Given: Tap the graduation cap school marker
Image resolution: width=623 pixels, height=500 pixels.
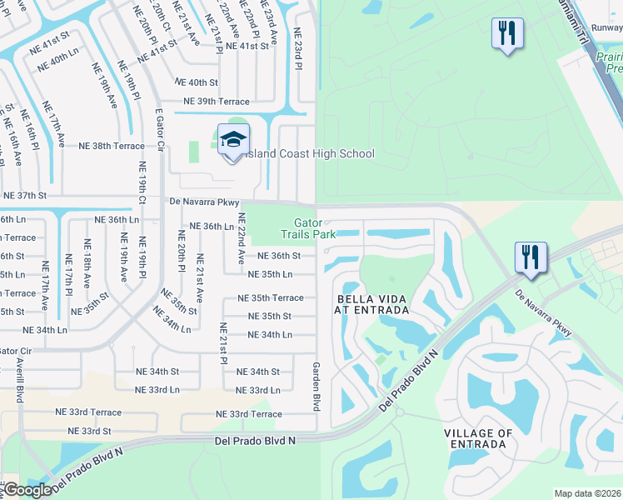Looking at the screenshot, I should click(233, 140).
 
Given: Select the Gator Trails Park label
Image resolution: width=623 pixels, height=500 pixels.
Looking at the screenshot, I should click(315, 228).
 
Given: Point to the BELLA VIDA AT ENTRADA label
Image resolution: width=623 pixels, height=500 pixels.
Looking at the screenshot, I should click(372, 304).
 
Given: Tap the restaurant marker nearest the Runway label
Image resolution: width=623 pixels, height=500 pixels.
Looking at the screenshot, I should click(506, 35).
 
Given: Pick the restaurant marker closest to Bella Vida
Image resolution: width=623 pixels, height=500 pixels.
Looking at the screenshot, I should click(530, 257).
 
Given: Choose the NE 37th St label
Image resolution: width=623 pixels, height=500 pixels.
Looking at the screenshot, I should click(25, 195).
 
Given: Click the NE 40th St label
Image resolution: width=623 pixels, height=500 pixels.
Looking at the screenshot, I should click(196, 82).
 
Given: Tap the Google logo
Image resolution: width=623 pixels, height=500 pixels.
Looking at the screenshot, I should click(27, 490).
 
